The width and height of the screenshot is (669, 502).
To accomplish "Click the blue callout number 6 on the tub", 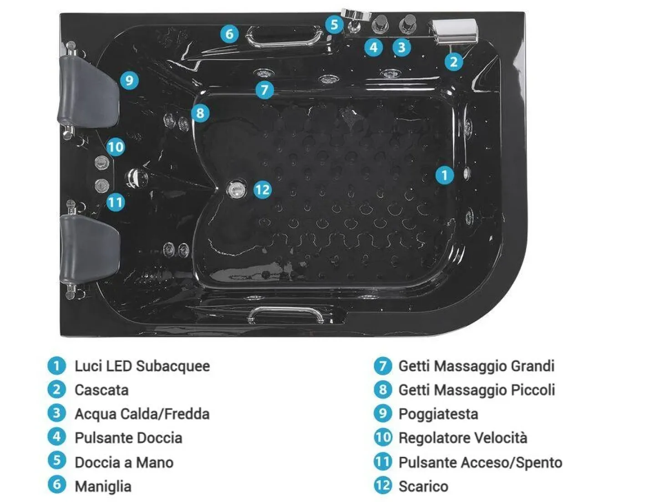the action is click(229, 34).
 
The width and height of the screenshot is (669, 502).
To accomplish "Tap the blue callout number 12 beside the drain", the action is click(263, 190).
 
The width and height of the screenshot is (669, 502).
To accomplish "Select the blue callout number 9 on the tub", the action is click(130, 80).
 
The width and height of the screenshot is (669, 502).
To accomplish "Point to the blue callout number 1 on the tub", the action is click(445, 175).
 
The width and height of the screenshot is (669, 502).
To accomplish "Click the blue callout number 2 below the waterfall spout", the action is click(454, 62).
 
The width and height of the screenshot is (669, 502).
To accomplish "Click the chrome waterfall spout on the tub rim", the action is click(454, 30).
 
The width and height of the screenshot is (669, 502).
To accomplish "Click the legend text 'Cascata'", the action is click(102, 390).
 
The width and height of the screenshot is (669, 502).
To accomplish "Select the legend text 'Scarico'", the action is click(424, 486).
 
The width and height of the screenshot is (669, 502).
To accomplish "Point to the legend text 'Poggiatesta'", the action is click(439, 414).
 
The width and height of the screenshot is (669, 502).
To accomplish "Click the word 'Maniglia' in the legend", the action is click(103, 487).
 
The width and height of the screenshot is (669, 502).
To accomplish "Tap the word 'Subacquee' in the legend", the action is click(173, 366).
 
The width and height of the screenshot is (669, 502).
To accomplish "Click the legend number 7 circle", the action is click(383, 366).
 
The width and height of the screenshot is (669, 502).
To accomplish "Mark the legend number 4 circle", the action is click(57, 437).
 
